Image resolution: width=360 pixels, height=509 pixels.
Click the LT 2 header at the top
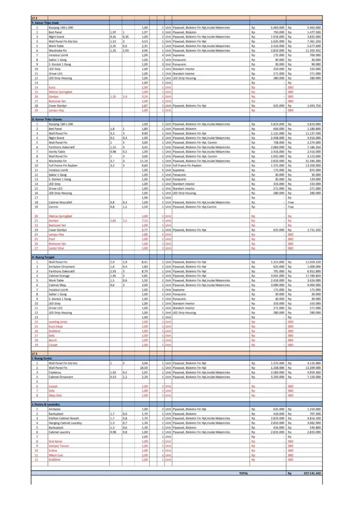34,17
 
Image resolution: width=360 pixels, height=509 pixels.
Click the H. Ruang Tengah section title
43,257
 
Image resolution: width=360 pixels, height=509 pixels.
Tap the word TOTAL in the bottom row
244,473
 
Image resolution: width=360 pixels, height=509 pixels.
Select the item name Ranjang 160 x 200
61,28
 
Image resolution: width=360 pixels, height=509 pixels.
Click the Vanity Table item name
57,152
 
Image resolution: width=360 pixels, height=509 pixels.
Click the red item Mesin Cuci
56,455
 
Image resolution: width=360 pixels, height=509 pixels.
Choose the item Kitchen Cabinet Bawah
64,418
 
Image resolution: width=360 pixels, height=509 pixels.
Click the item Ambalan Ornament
62,266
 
